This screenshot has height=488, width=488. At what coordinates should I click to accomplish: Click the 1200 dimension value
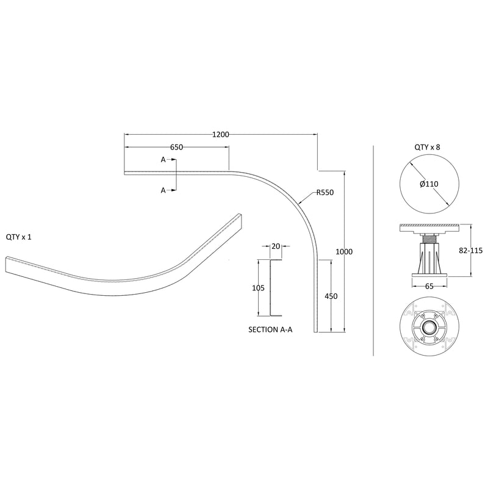(x=220, y=134)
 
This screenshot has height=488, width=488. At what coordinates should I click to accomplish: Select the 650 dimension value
(x=177, y=148)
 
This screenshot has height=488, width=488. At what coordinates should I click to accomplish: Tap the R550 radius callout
(x=325, y=193)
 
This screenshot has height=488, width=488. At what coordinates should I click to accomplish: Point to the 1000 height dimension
(x=344, y=251)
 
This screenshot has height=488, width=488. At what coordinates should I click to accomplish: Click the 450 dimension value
(x=331, y=296)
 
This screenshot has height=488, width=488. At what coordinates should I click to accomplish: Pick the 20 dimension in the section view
(x=276, y=246)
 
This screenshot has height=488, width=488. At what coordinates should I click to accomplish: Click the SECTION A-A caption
(x=271, y=329)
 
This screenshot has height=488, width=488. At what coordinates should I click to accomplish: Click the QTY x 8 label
(x=427, y=146)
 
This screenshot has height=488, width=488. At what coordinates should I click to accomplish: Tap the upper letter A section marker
(x=163, y=160)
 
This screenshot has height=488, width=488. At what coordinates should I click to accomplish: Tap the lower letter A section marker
(x=163, y=190)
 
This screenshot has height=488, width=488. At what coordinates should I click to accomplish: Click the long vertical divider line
(x=373, y=250)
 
